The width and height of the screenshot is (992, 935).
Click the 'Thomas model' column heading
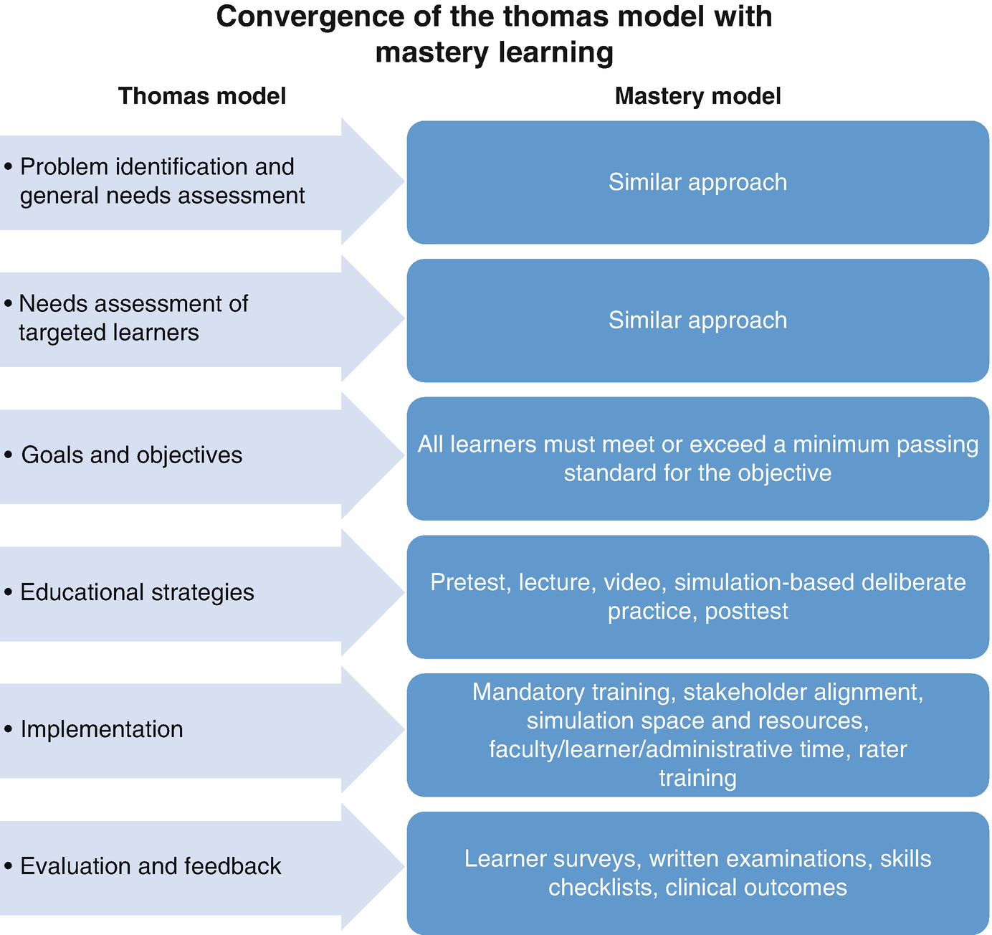[x=201, y=96]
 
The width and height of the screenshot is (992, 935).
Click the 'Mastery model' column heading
[x=697, y=96]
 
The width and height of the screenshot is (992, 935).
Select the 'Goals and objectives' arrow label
[x=132, y=455]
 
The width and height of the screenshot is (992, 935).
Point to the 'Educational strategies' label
[x=137, y=592]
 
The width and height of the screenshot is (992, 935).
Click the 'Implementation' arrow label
[x=102, y=729]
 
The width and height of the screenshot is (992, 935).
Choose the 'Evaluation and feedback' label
[x=151, y=866]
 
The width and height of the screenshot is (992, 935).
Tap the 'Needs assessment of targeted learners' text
[x=133, y=318]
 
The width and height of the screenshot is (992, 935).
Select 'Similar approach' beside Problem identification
[x=697, y=182]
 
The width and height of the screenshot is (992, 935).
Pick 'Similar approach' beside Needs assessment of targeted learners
[x=697, y=320]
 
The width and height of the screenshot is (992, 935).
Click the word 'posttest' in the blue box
[x=746, y=611]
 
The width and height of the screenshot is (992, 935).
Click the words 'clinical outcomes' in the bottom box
[x=755, y=888]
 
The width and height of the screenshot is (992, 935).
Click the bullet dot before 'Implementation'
[x=9, y=729]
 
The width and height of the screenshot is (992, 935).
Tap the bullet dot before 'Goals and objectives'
[x=9, y=455]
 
